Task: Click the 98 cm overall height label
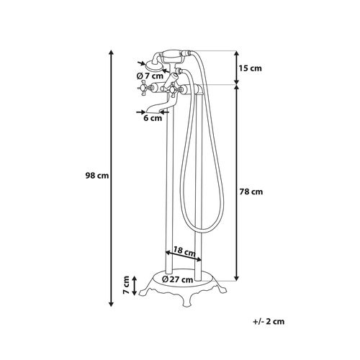(x=97, y=176)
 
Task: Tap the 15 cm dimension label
(x=250, y=68)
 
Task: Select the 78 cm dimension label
(x=251, y=192)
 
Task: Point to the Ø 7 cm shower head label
(x=150, y=76)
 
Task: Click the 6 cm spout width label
(x=153, y=118)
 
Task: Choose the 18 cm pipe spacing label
(x=184, y=251)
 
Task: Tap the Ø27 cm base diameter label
(x=177, y=279)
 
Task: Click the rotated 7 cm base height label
(x=126, y=285)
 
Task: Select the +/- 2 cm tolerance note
(x=269, y=321)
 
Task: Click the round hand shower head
(x=154, y=66)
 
